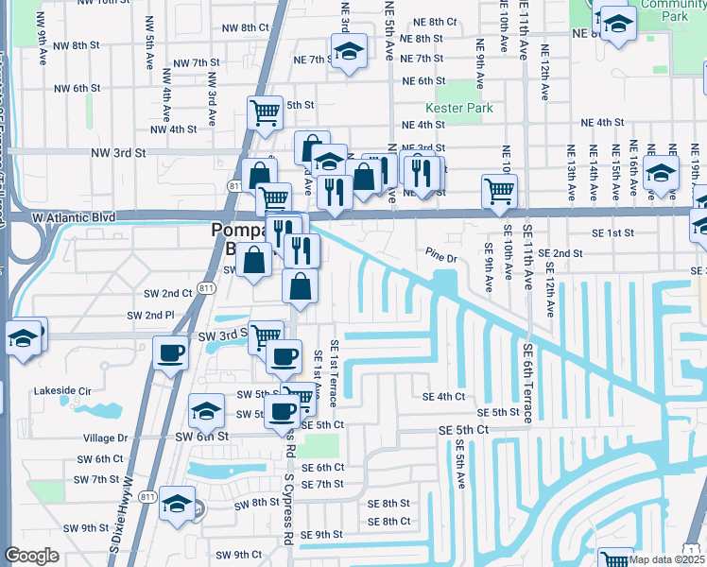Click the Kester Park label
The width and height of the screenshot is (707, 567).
(x=459, y=109)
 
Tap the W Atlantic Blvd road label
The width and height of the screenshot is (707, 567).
(x=73, y=217)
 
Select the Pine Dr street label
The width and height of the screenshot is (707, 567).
(x=440, y=256)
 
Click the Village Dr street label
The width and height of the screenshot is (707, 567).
(x=105, y=438)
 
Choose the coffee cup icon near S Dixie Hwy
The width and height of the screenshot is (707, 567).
(x=170, y=352)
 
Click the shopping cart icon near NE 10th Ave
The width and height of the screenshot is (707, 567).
(x=499, y=190)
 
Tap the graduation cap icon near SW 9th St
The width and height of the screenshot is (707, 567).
(x=176, y=504)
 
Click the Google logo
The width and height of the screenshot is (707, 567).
(x=31, y=556)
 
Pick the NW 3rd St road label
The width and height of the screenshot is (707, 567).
(x=118, y=151)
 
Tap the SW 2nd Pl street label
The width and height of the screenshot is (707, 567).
(x=151, y=315)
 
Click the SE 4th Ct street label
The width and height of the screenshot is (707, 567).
(x=444, y=397)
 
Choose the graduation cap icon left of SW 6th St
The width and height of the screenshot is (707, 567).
(x=205, y=410)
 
